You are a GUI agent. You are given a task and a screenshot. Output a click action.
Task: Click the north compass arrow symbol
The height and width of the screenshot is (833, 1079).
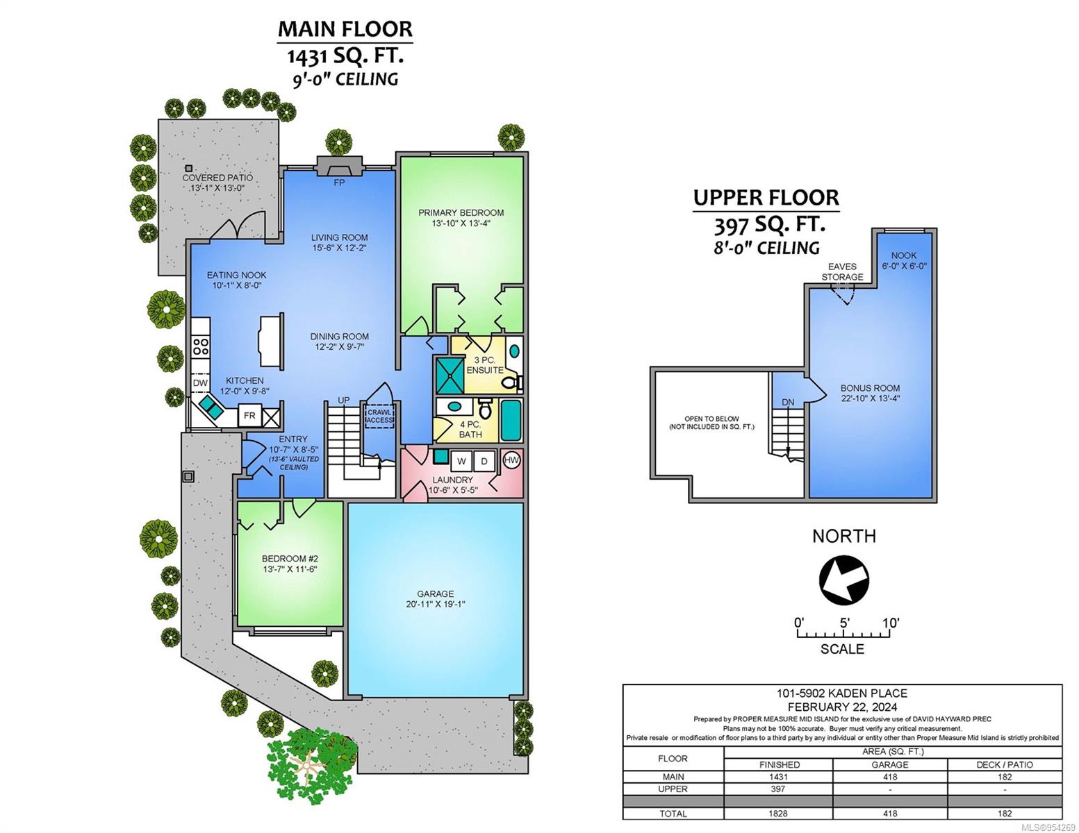[x=843, y=580]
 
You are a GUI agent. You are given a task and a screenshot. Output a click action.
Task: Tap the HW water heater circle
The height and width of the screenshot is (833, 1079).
[x=511, y=460]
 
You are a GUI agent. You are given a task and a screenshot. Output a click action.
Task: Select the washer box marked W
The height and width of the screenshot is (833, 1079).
[x=461, y=462]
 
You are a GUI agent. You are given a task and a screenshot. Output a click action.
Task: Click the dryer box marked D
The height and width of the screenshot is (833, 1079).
[x=484, y=462]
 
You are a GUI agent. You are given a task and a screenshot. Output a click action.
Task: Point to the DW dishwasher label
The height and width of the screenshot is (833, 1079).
[x=199, y=382]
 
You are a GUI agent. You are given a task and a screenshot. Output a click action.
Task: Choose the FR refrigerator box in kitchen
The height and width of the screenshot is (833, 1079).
[x=249, y=416]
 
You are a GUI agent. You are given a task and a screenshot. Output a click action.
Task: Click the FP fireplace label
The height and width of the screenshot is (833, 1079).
[x=339, y=183]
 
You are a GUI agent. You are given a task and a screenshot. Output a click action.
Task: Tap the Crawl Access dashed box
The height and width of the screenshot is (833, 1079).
[x=379, y=416]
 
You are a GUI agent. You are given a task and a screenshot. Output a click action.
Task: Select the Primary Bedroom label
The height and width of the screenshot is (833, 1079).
[x=461, y=212]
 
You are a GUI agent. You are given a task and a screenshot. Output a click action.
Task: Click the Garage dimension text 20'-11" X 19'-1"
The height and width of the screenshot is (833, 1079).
[x=435, y=605]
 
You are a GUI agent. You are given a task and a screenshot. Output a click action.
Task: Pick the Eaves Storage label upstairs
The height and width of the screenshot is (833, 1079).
[x=842, y=272]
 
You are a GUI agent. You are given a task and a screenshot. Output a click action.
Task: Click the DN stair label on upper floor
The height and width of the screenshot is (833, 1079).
[x=788, y=403]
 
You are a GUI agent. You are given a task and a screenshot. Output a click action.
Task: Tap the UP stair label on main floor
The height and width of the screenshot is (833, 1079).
[x=344, y=400]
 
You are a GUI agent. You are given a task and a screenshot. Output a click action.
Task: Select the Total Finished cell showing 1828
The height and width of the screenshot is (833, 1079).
[x=777, y=813]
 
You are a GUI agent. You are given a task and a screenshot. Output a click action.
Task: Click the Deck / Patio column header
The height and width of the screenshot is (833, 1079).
[x=1005, y=764]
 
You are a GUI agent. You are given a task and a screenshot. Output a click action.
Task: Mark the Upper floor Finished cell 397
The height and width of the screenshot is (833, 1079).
[x=777, y=789]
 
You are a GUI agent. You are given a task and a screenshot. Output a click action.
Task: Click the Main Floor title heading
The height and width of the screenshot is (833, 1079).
[x=345, y=28]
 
